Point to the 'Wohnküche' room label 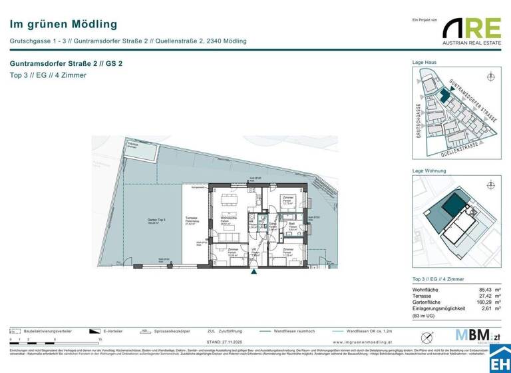point(230,218)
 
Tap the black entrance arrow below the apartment point(253,271)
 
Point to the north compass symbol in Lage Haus point(491,77)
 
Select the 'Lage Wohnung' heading point(430,171)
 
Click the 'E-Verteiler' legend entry point(113,330)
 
